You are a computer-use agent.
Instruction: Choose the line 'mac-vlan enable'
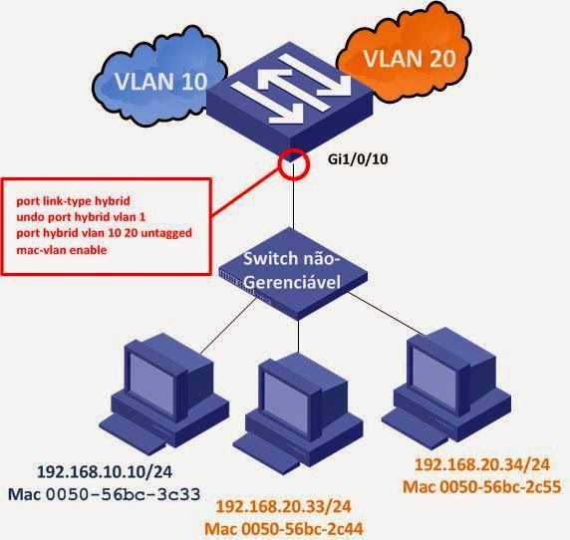click(63, 250)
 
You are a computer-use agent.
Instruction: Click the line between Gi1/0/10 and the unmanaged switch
click(295, 209)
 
